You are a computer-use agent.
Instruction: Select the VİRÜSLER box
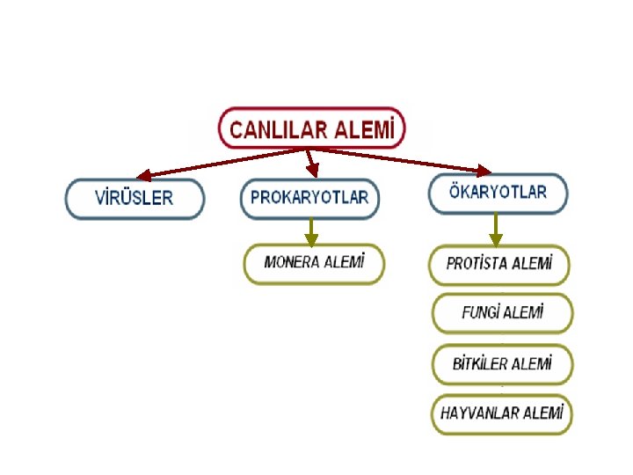(135, 198)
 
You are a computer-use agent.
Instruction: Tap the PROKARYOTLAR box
(309, 198)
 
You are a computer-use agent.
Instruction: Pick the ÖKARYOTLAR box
(498, 193)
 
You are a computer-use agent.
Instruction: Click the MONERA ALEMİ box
(313, 263)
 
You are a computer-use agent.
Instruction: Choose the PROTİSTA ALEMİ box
(499, 264)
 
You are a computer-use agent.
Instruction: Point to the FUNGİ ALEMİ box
(502, 312)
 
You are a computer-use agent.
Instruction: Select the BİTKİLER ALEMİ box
(502, 363)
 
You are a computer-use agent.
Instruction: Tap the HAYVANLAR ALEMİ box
(501, 413)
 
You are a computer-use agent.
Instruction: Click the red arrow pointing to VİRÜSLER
(220, 163)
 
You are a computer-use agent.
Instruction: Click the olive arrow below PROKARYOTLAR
(310, 231)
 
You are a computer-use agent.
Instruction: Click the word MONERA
(293, 263)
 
